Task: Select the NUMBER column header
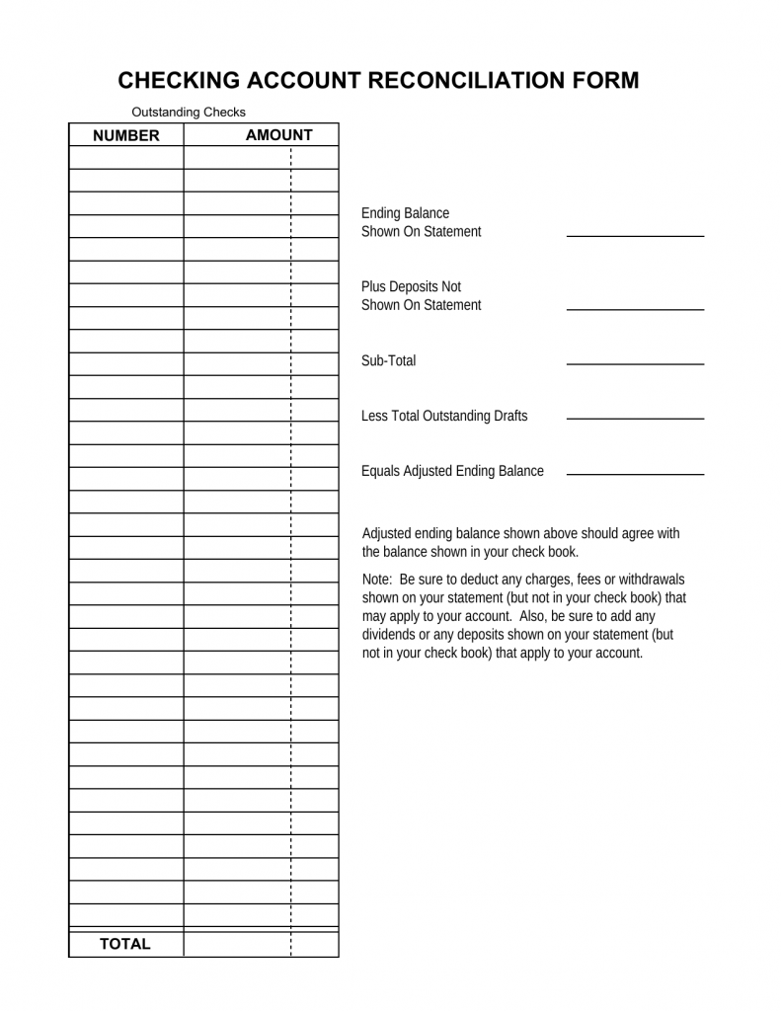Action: coord(125,135)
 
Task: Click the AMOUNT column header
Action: coord(278,135)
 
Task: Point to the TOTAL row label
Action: coord(125,944)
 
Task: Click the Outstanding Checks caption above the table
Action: coord(188,112)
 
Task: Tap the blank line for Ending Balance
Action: coord(635,235)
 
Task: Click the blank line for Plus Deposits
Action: coord(635,309)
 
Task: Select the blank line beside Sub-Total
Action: coord(635,363)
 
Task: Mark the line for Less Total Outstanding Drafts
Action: coord(635,419)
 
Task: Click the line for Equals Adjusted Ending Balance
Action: coord(635,474)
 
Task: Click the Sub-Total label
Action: coord(389,361)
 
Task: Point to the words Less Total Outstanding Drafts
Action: coord(444,416)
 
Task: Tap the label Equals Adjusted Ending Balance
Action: coord(452,471)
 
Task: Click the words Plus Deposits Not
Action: coord(411,287)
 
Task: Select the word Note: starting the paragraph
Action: coord(378,580)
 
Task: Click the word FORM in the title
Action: coord(605,80)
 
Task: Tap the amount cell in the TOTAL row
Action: coord(261,944)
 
